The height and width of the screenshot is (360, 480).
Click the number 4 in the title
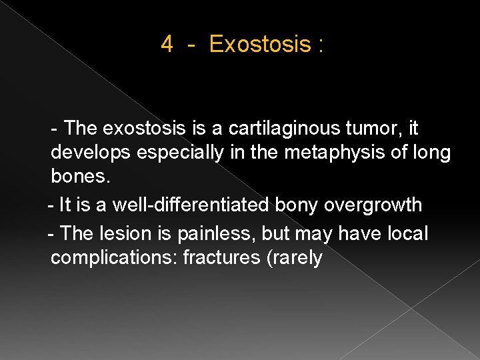167,45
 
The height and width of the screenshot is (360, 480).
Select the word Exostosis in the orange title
260,45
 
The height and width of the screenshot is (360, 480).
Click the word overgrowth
373,205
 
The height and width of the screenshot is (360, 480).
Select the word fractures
220,258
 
